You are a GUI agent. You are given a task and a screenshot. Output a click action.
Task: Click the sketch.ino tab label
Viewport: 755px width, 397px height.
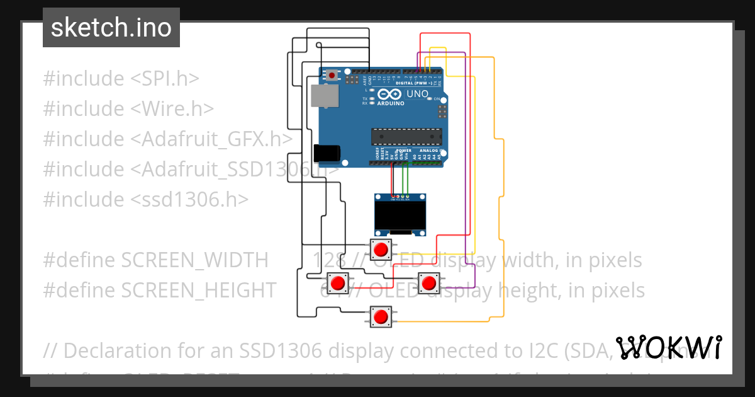(111, 28)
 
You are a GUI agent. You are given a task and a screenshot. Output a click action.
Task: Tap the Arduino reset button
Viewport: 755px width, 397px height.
(332, 76)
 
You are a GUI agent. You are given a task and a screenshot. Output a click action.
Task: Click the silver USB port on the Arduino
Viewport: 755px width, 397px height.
(325, 95)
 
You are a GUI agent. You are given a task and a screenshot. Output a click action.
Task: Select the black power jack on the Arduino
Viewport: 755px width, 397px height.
(327, 152)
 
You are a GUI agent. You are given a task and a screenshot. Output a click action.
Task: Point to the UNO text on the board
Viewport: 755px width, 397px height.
(417, 95)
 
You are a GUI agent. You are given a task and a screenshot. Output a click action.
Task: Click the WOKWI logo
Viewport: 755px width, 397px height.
(668, 348)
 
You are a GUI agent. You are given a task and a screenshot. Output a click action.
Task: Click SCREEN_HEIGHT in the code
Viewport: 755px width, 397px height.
(199, 291)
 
